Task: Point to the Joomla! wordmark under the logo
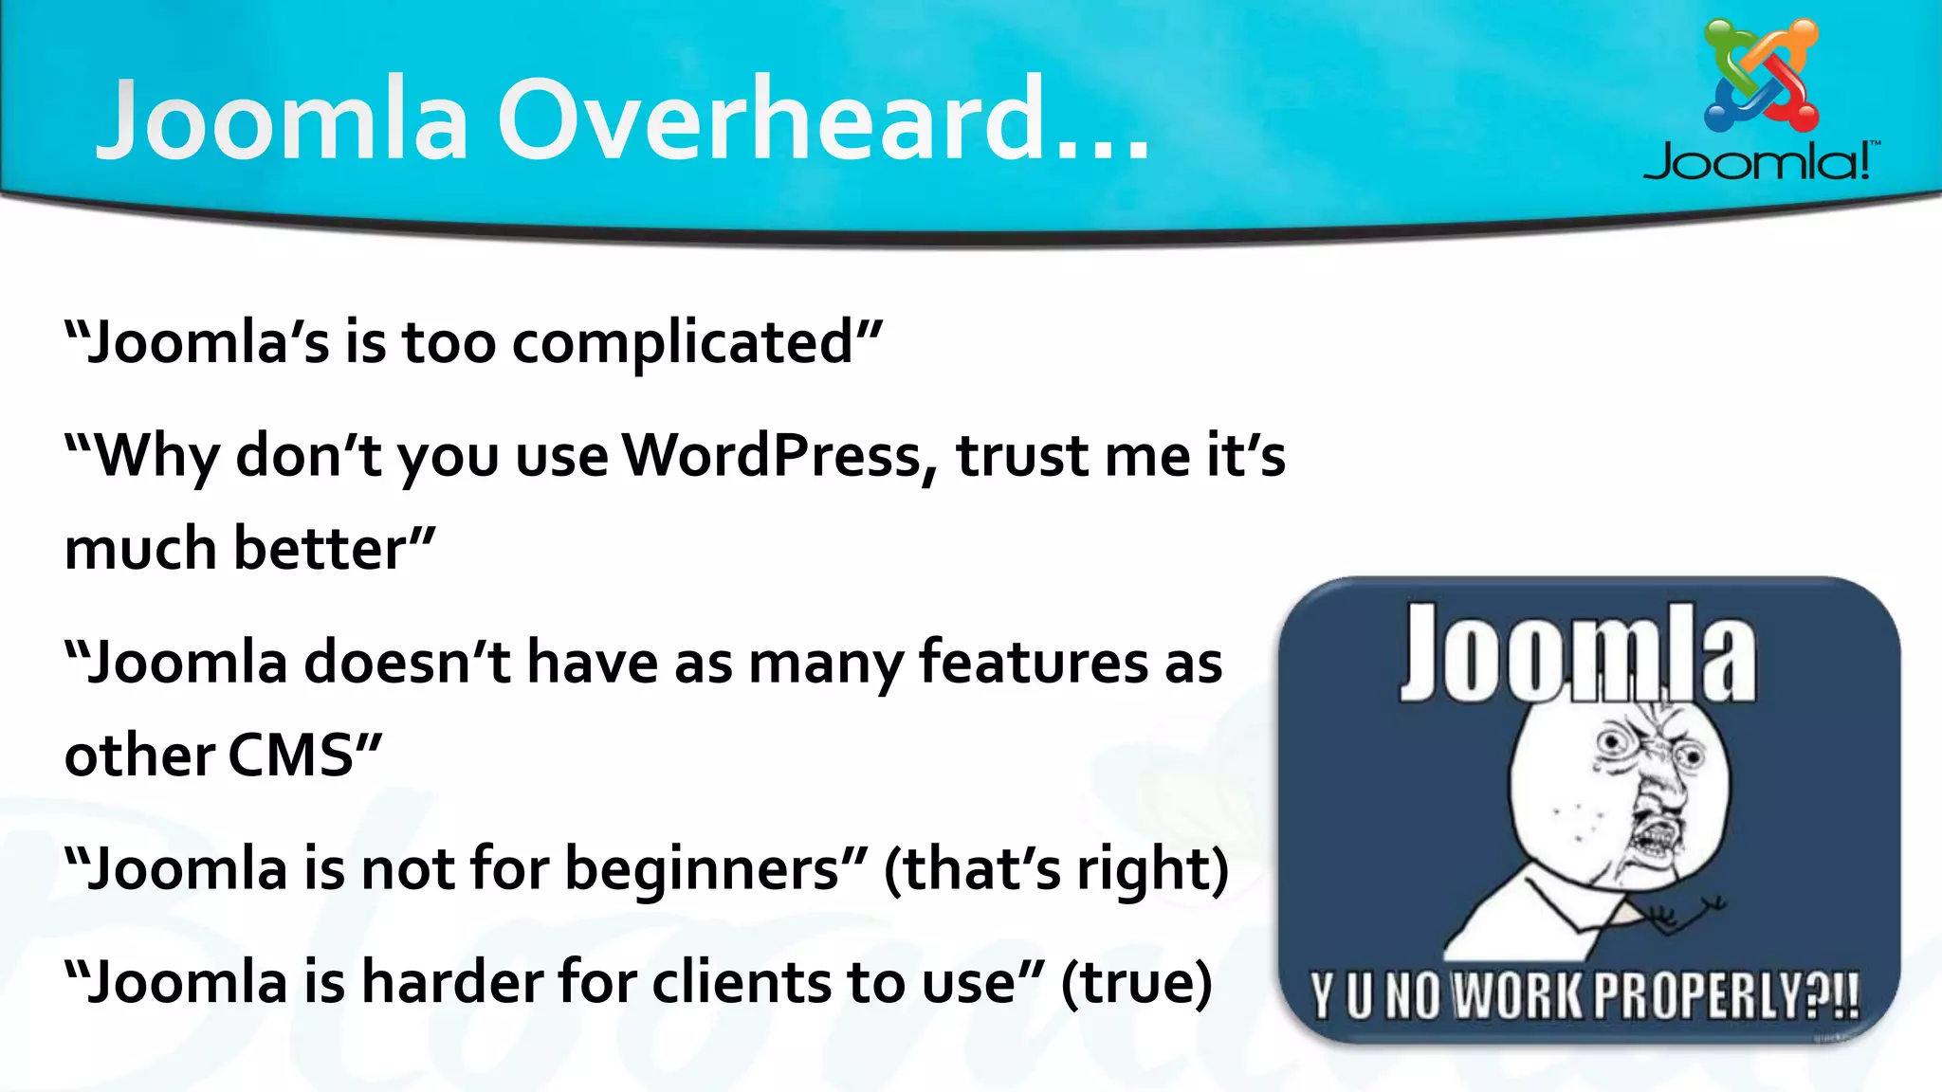tap(1760, 161)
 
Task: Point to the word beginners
tap(703, 869)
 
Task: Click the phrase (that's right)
tap(1055, 869)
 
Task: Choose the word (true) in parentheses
tap(1136, 982)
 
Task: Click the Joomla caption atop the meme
tap(1578, 654)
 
